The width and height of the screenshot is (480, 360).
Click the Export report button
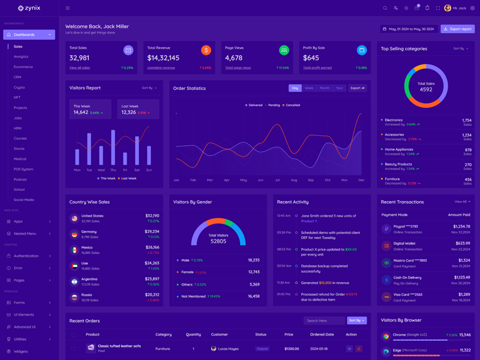[458, 29]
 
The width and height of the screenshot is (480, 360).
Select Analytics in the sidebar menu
[21, 56]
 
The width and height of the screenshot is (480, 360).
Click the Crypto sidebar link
[19, 87]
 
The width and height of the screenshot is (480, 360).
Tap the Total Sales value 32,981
[79, 58]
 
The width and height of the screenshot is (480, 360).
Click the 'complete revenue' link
[161, 68]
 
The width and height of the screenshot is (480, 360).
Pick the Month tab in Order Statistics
[325, 88]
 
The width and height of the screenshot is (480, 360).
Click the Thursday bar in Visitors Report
[113, 147]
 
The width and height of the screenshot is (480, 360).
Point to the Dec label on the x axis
[361, 180]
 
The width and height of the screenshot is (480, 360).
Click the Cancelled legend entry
[292, 105]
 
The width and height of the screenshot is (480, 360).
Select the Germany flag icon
[74, 234]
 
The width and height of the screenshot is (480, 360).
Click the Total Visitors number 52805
[218, 241]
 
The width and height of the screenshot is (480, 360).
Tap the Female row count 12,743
[253, 272]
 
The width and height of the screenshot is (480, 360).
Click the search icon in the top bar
[385, 8]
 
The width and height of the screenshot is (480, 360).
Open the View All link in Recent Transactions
[461, 202]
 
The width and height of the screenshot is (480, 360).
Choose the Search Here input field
[323, 320]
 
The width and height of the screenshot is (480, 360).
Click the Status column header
[260, 334]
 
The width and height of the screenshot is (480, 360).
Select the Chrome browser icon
[386, 336]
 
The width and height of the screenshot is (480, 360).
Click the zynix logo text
[33, 8]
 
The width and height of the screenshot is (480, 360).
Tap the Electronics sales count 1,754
[466, 120]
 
